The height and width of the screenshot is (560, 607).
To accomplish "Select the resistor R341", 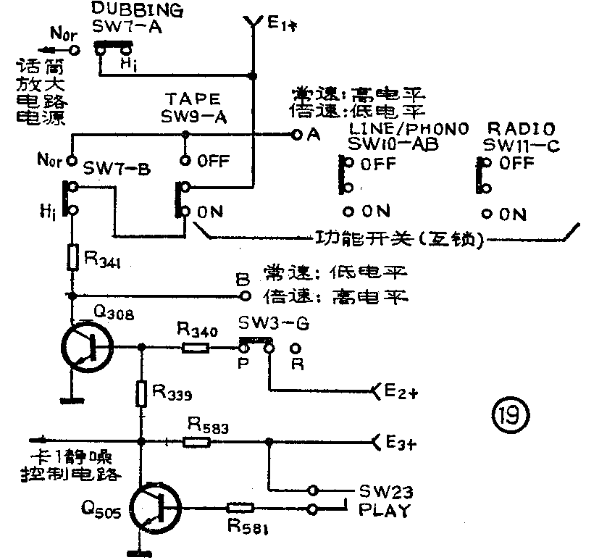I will click(72, 257).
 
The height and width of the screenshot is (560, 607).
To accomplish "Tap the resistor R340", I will click(196, 348).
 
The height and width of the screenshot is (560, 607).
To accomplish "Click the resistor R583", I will click(197, 440).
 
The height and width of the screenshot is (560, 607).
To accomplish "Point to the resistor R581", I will click(239, 509).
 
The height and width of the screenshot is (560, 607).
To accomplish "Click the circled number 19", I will click(511, 414).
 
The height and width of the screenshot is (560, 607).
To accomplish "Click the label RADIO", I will click(511, 128).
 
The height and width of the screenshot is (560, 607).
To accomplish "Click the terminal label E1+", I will click(279, 25).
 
